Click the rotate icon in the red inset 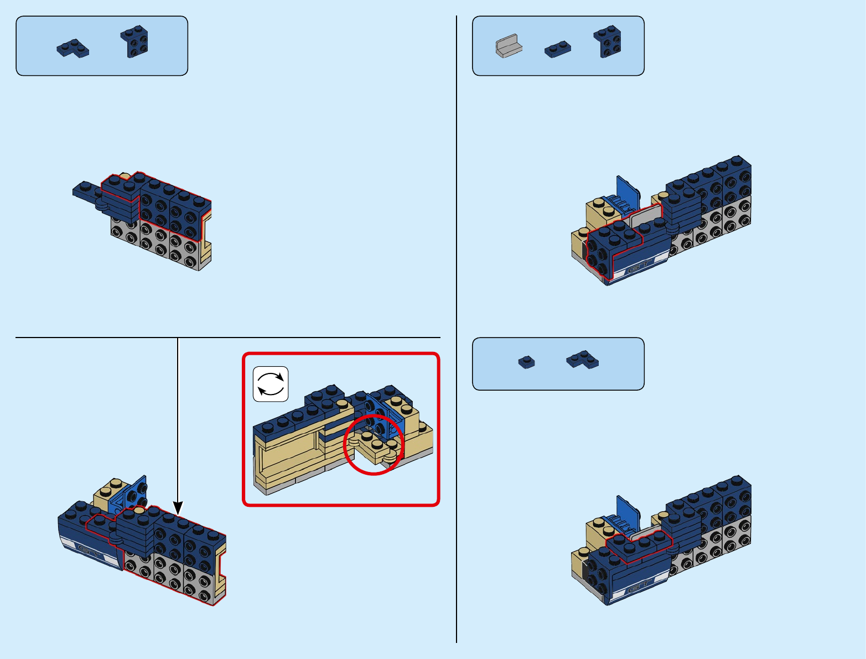point(271,383)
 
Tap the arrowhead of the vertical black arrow point(178,507)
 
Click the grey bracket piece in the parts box point(509,46)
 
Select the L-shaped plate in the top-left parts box point(72,49)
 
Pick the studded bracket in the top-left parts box point(134,42)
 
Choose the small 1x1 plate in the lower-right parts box point(526,362)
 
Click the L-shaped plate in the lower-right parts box point(582,360)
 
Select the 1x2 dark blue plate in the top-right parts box point(557,49)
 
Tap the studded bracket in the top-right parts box point(608,41)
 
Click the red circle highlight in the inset point(374,444)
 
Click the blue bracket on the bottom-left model point(131,494)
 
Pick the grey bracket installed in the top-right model point(645,217)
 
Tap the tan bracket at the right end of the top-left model point(207,239)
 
